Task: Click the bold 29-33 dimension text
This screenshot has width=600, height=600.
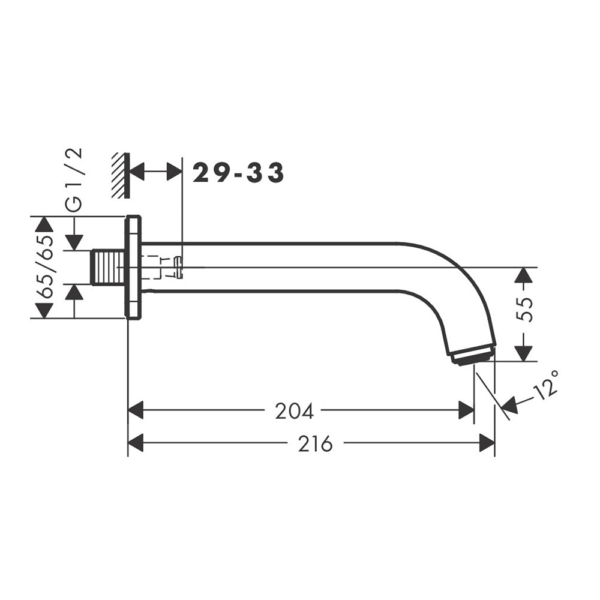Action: pyautogui.click(x=238, y=173)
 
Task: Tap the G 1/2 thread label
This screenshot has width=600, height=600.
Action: pyautogui.click(x=73, y=179)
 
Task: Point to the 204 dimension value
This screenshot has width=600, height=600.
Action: pyautogui.click(x=294, y=412)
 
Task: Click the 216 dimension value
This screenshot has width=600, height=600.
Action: pyautogui.click(x=316, y=444)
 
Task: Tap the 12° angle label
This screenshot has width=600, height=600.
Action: pyautogui.click(x=546, y=385)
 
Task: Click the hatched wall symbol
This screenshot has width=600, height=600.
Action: pyautogui.click(x=121, y=176)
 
